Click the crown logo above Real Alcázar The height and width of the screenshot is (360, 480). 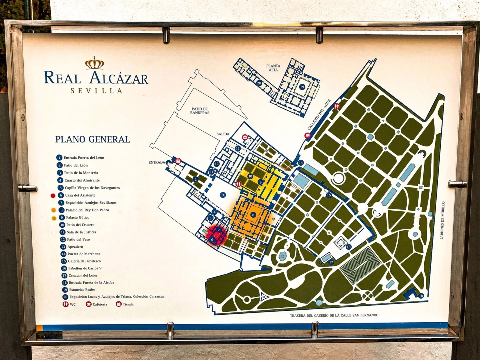95,63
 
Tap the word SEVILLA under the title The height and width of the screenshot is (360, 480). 96,91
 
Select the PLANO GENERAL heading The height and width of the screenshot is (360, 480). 93,139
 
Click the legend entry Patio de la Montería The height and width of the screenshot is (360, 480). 81,173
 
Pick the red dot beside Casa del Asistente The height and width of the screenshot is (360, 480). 53,195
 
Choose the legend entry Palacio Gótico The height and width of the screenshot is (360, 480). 78,217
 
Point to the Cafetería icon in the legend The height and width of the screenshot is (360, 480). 89,304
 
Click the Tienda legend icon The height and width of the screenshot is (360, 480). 119,304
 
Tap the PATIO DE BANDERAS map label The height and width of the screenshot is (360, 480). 200,111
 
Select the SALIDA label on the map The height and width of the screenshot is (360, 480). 223,134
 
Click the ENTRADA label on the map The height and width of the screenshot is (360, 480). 157,162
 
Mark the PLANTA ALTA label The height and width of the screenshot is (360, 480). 273,68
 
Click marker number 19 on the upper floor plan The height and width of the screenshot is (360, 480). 302,87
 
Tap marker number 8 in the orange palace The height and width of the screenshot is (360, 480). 253,215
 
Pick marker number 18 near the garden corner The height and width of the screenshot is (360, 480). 421,296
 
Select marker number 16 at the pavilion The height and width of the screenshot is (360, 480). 349,247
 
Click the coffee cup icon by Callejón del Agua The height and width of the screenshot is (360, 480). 308,135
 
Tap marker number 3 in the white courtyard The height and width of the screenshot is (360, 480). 223,195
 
